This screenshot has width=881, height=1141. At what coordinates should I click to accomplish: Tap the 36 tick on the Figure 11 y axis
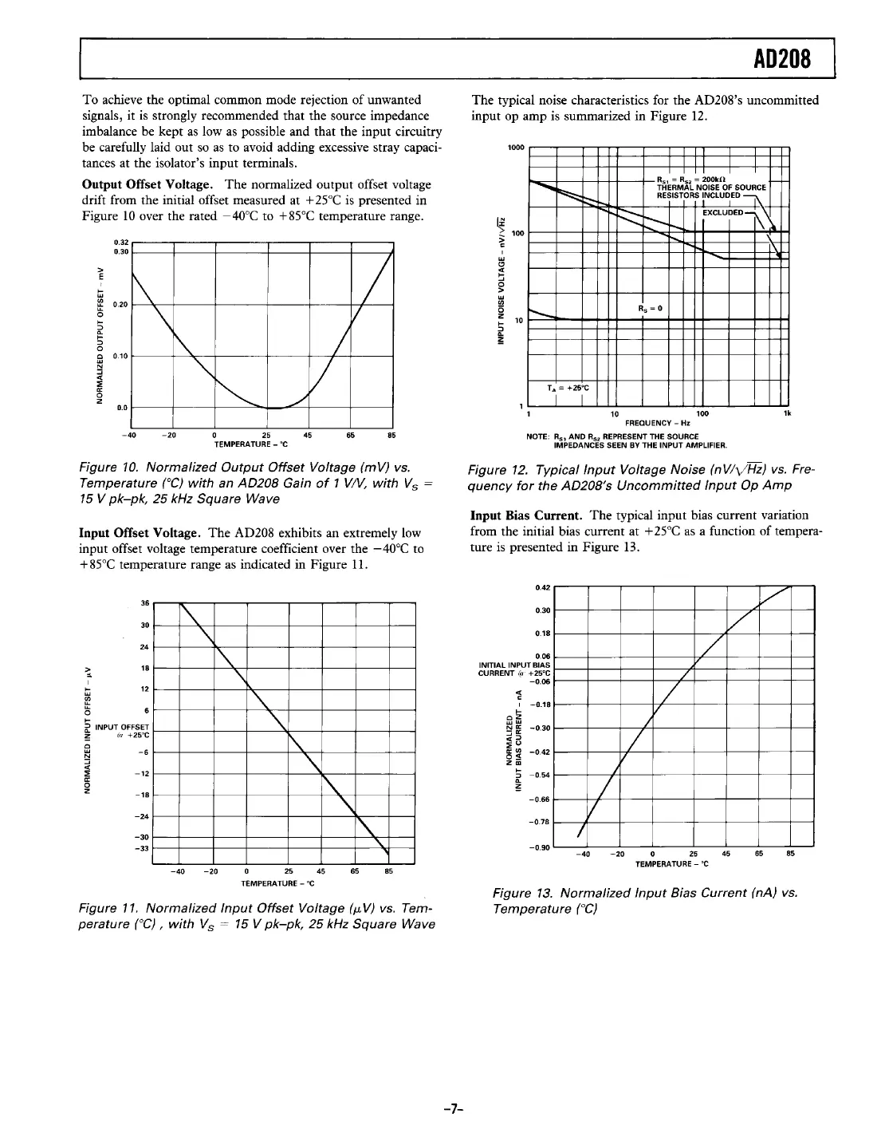[144, 602]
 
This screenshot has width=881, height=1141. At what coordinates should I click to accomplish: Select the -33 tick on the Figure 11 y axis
[143, 847]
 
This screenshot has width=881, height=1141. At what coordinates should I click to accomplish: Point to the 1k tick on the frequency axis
[786, 413]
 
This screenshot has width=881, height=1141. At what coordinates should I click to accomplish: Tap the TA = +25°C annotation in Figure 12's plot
[567, 389]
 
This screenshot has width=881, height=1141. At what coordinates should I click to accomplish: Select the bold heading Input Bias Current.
[520, 515]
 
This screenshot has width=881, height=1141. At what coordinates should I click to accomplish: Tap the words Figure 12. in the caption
[499, 469]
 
